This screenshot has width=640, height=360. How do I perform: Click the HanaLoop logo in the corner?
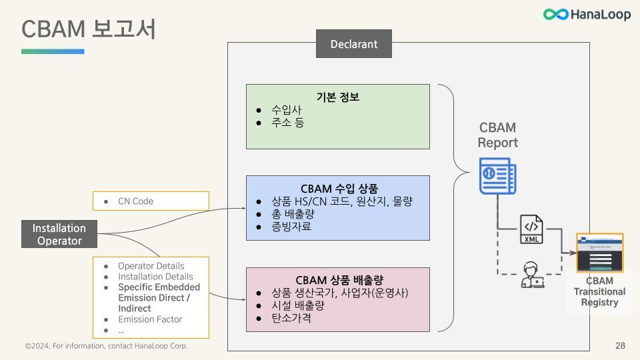587,14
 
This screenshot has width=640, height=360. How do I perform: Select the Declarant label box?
353,45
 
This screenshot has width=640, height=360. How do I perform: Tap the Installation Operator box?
59,235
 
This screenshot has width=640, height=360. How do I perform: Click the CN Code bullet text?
135,201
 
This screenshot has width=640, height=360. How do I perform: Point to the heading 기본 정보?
337,97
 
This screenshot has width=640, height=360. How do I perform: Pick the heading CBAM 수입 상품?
337,188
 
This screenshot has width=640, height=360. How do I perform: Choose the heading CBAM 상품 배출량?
339,279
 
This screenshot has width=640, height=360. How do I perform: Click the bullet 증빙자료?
291,227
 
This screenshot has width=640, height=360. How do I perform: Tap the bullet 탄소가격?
291,318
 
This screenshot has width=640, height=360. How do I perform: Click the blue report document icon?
498,176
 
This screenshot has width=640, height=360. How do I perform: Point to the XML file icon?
531,229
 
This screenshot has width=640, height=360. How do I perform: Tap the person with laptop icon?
531,275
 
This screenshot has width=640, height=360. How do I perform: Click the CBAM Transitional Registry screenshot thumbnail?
599,253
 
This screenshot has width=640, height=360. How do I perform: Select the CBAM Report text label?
497,135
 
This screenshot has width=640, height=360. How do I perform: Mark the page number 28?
620,346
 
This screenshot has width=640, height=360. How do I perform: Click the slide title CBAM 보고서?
89,29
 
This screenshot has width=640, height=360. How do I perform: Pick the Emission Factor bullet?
150,319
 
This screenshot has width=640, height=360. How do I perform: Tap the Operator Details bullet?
151,266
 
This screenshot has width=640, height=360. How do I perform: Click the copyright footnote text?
107,346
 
